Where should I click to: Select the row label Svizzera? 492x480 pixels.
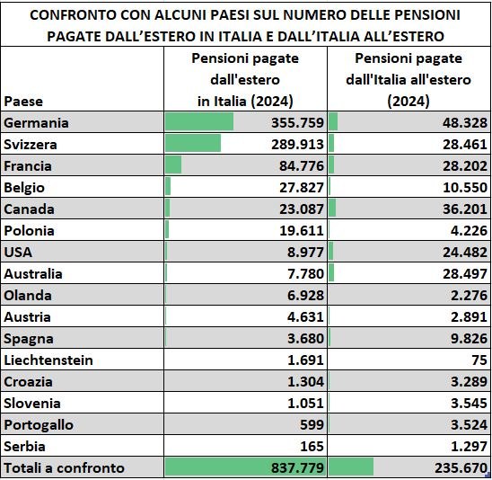[30, 144]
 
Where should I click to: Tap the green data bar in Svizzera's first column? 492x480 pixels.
[193, 144]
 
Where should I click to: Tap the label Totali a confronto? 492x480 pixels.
[65, 467]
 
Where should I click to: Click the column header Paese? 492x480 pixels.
[23, 102]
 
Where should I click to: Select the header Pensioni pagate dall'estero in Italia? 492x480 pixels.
[245, 79]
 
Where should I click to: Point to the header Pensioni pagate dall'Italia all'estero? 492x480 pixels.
[409, 79]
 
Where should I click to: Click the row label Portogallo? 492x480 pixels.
[39, 425]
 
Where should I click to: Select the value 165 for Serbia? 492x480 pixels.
[311, 446]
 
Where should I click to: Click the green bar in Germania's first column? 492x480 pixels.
[199, 122]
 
